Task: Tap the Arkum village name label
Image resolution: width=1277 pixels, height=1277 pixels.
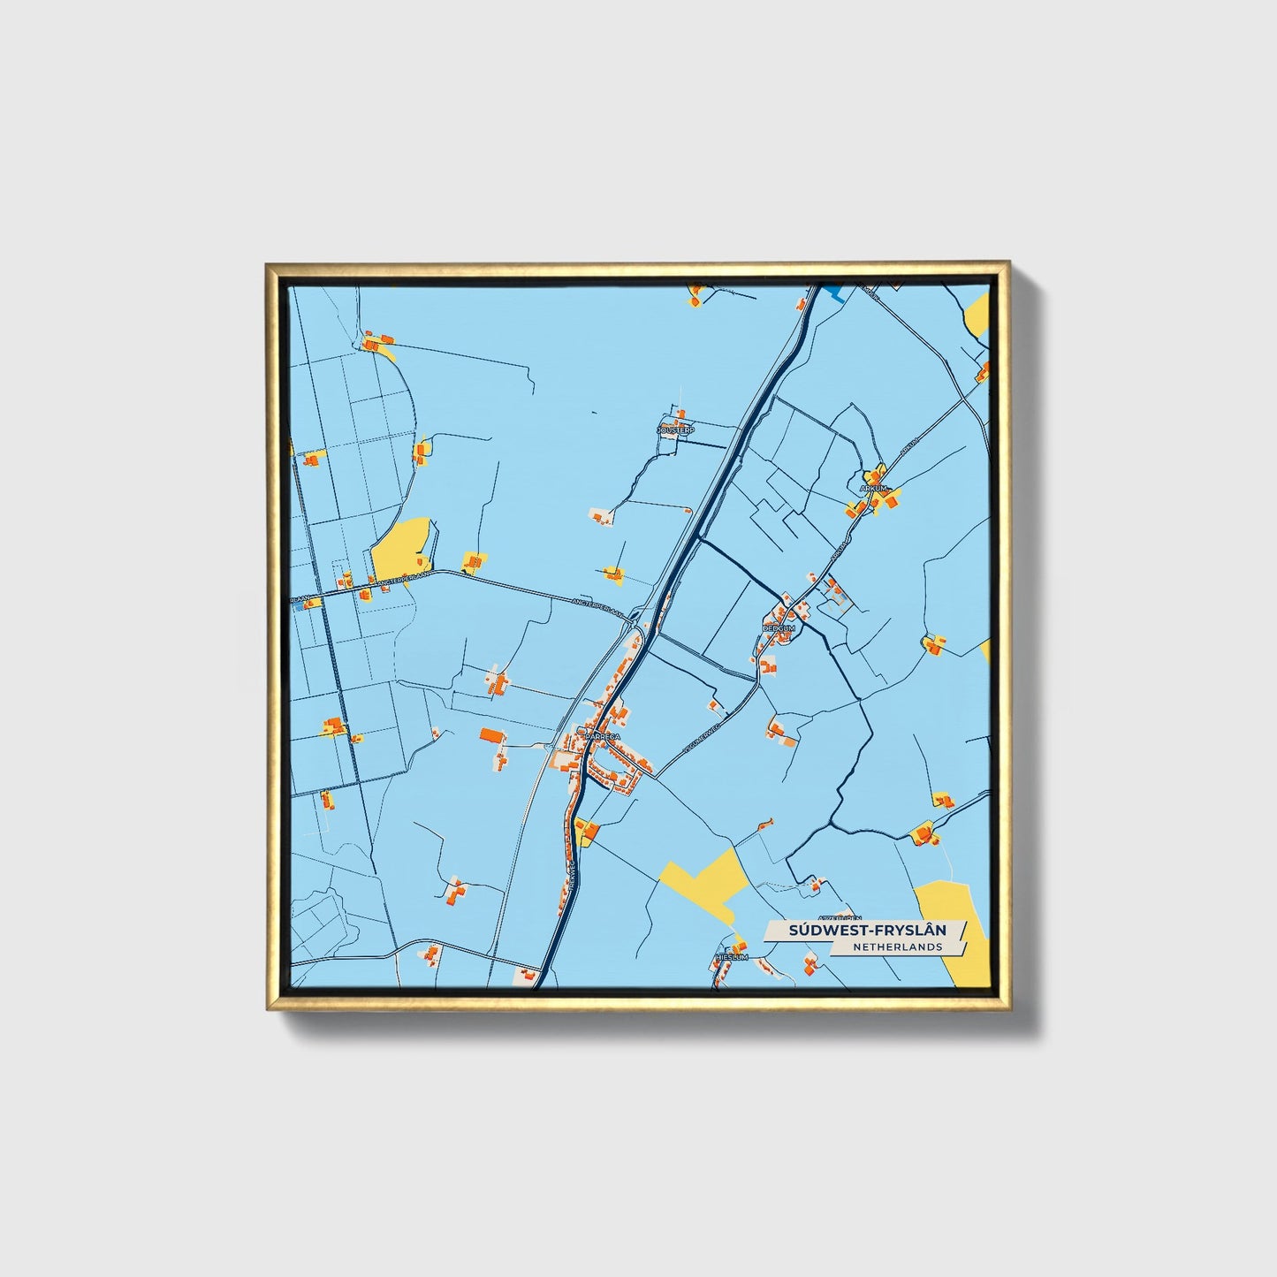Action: tap(872, 486)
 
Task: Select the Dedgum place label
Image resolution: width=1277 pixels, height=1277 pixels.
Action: tap(779, 628)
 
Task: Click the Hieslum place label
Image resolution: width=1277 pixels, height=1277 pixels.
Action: tap(733, 957)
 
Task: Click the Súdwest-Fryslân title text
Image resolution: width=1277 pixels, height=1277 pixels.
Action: tap(866, 930)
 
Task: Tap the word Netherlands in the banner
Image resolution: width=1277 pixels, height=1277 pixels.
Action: tap(897, 947)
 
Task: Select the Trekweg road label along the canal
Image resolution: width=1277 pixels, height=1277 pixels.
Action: tap(572, 870)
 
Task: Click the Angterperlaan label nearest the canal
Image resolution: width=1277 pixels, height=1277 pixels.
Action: tap(598, 605)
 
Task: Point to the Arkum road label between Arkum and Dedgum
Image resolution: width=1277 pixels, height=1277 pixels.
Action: tap(839, 552)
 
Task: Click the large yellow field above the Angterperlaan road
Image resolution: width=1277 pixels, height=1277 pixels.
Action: tap(400, 544)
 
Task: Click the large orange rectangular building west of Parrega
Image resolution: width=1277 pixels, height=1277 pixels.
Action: tap(491, 735)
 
